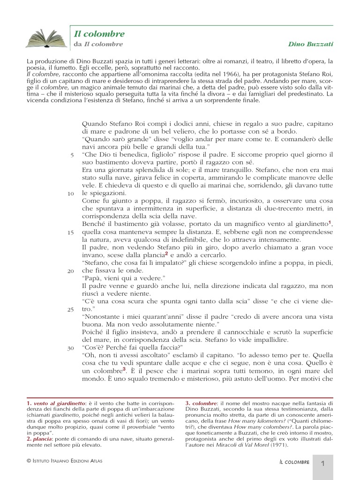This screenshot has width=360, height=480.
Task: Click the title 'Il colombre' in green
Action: pos(99,34)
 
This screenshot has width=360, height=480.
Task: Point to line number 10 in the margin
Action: pos(71,193)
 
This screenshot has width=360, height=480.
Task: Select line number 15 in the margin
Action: pos(71,232)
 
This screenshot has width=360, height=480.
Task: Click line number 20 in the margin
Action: pos(71,271)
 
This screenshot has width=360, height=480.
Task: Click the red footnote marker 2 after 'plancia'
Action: pos(166,254)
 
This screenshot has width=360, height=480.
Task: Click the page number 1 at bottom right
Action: pos(323,464)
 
